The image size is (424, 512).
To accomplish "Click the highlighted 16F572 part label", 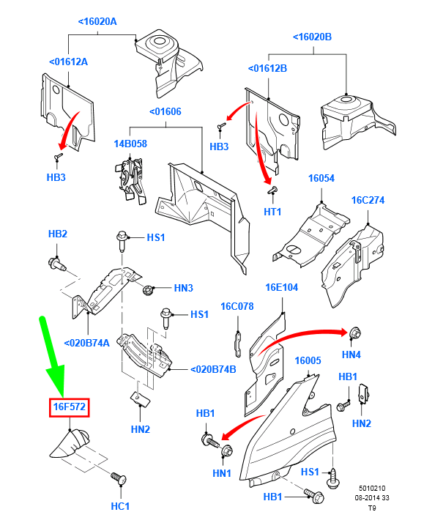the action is click(x=69, y=407).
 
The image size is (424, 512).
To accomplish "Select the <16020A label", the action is click(x=97, y=21).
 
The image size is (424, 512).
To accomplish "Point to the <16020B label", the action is click(x=312, y=37).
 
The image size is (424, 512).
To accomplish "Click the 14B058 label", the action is click(x=130, y=144).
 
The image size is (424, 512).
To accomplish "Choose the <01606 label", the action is click(x=165, y=111).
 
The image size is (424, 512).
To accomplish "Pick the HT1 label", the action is click(x=272, y=212).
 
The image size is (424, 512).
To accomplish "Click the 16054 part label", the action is click(x=321, y=178).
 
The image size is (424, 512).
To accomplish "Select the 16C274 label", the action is click(x=368, y=200).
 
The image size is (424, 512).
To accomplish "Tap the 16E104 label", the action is click(x=282, y=287).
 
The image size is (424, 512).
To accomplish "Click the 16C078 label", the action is click(x=237, y=306).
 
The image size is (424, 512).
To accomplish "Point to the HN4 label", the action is click(x=352, y=355).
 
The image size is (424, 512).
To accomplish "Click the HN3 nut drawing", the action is click(x=148, y=289).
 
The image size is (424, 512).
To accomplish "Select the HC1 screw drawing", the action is click(x=119, y=478).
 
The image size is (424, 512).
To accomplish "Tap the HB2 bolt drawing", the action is click(x=57, y=264).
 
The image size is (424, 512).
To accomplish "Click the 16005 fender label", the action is click(x=308, y=361).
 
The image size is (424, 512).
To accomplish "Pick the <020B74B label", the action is click(x=213, y=370).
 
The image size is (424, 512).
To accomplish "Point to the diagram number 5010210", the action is click(x=372, y=489).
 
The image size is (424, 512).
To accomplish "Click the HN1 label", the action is click(x=222, y=473).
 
